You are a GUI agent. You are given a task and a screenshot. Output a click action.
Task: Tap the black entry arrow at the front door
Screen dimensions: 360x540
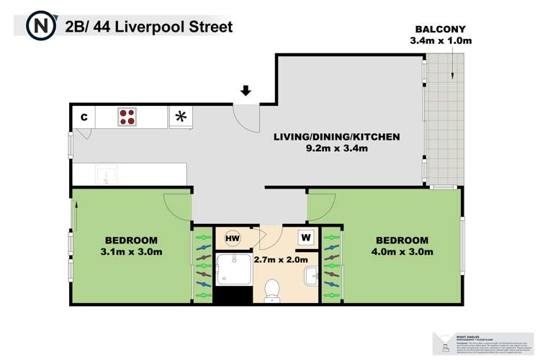tap(246, 91)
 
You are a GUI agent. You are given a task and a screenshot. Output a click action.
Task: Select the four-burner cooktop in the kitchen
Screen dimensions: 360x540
tap(127, 117)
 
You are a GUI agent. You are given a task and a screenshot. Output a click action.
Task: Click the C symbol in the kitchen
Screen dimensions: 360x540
tap(84, 117)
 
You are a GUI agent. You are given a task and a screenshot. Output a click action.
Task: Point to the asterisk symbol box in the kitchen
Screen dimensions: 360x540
tap(181, 117)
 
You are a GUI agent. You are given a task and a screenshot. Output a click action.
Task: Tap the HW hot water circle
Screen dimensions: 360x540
tap(233, 237)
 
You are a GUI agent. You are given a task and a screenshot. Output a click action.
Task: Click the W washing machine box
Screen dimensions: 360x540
tap(306, 237)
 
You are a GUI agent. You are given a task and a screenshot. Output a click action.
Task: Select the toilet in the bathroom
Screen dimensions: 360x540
tap(272, 289)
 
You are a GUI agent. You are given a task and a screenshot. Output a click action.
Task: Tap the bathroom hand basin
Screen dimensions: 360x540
tap(311, 276)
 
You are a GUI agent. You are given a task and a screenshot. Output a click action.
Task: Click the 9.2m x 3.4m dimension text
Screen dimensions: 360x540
tap(336, 149)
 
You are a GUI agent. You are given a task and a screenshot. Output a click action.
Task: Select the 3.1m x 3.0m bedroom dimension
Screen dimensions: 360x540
tap(131, 252)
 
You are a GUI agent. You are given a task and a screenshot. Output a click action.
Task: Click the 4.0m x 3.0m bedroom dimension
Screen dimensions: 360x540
tap(402, 252)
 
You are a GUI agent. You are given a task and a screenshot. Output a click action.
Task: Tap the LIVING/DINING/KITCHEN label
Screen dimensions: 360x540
tap(336, 137)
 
